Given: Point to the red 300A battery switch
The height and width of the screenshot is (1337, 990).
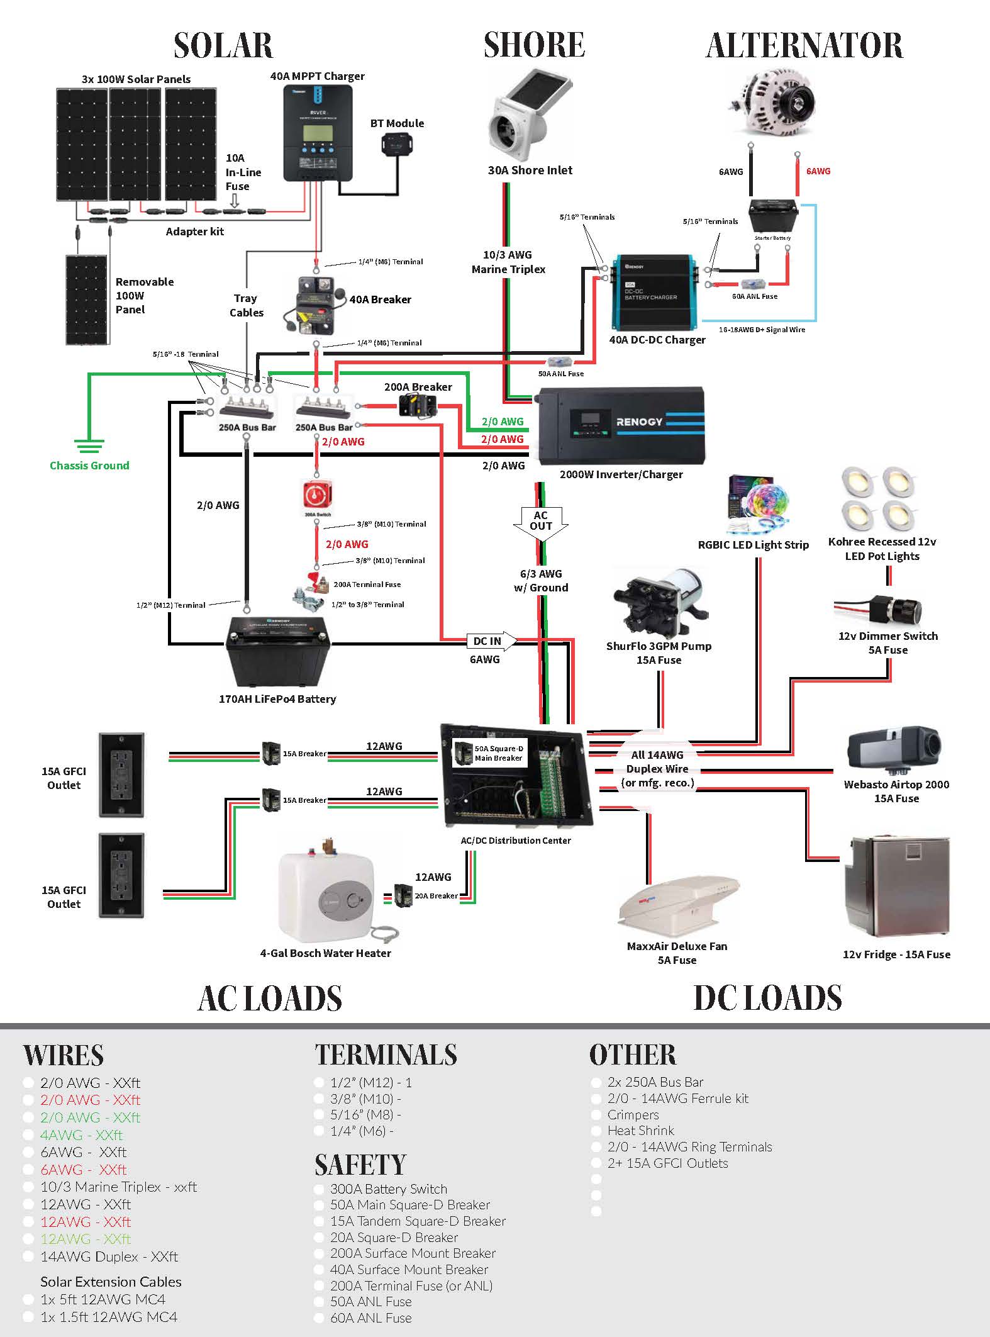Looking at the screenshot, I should tap(317, 495).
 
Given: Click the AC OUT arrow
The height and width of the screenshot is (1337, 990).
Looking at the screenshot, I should tap(540, 522).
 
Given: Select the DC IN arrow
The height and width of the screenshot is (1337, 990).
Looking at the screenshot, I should tap(491, 641).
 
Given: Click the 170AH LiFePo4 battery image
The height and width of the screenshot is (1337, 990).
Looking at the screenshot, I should tap(277, 652).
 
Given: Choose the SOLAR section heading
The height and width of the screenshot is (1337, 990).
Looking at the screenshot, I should tap(223, 45).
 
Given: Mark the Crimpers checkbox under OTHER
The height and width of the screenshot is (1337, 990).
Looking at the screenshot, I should tap(596, 1115).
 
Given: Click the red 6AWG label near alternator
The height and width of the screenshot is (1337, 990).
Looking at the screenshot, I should tap(818, 171).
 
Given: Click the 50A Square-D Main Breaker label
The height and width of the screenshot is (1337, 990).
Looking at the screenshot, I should tap(498, 753).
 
